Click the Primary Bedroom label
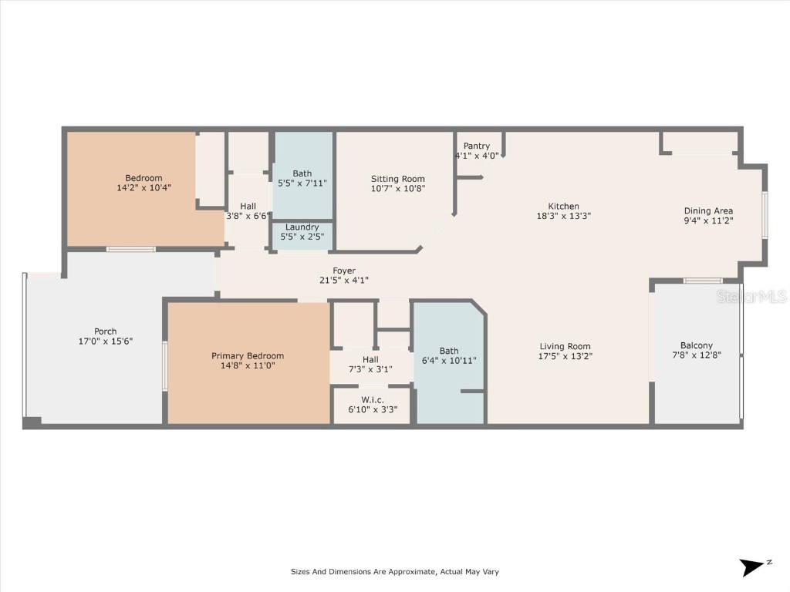(x=248, y=355)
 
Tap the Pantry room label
(x=477, y=146)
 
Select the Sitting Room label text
(x=397, y=179)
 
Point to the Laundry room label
(x=302, y=227)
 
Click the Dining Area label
(x=708, y=210)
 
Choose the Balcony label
(x=696, y=345)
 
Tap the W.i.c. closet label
(x=372, y=399)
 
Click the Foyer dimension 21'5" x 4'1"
(x=344, y=281)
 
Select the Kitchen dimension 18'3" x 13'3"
(x=563, y=216)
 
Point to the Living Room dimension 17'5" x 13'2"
(x=565, y=356)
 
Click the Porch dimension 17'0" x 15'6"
(x=106, y=341)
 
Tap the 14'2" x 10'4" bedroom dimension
(x=143, y=187)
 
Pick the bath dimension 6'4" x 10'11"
(x=448, y=361)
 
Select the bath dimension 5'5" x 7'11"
(x=302, y=183)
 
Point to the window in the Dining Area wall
(x=765, y=214)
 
